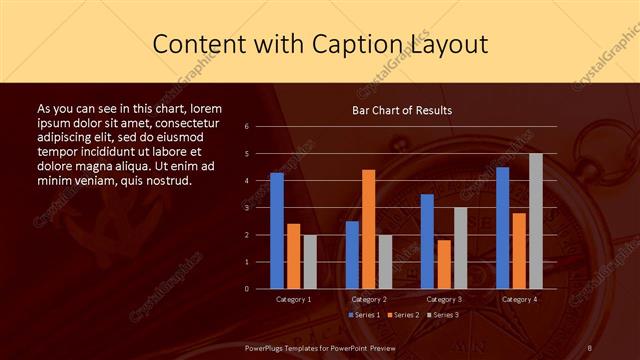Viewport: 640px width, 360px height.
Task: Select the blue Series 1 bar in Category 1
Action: (x=277, y=231)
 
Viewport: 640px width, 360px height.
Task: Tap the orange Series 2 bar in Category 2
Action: (x=369, y=229)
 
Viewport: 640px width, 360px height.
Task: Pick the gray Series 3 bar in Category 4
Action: (x=536, y=221)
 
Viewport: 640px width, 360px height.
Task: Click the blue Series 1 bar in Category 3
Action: (x=427, y=241)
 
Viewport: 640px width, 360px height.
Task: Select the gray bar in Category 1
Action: (x=310, y=262)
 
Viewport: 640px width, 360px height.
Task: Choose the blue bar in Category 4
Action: (x=502, y=228)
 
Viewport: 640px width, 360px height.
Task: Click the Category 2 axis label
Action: (x=369, y=299)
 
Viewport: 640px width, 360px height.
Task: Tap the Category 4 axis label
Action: (x=519, y=299)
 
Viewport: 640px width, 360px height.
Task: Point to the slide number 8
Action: (x=590, y=347)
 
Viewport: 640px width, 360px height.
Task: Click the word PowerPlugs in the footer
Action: (x=268, y=347)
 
